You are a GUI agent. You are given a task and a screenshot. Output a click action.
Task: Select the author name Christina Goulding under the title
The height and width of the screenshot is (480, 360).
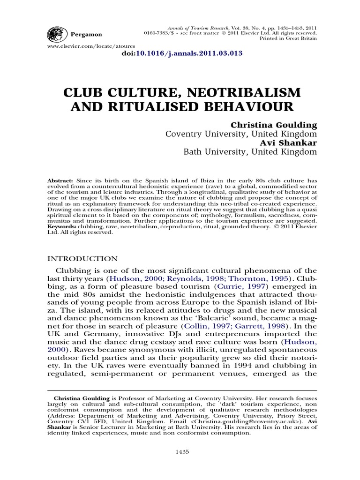click(x=274, y=125)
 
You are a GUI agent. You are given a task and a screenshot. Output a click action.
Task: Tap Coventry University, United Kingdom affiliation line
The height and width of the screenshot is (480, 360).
click(x=241, y=134)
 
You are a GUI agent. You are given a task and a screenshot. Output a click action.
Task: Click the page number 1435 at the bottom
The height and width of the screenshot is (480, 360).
click(x=182, y=451)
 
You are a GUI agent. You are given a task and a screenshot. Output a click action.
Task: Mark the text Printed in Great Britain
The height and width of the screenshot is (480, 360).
click(x=288, y=39)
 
